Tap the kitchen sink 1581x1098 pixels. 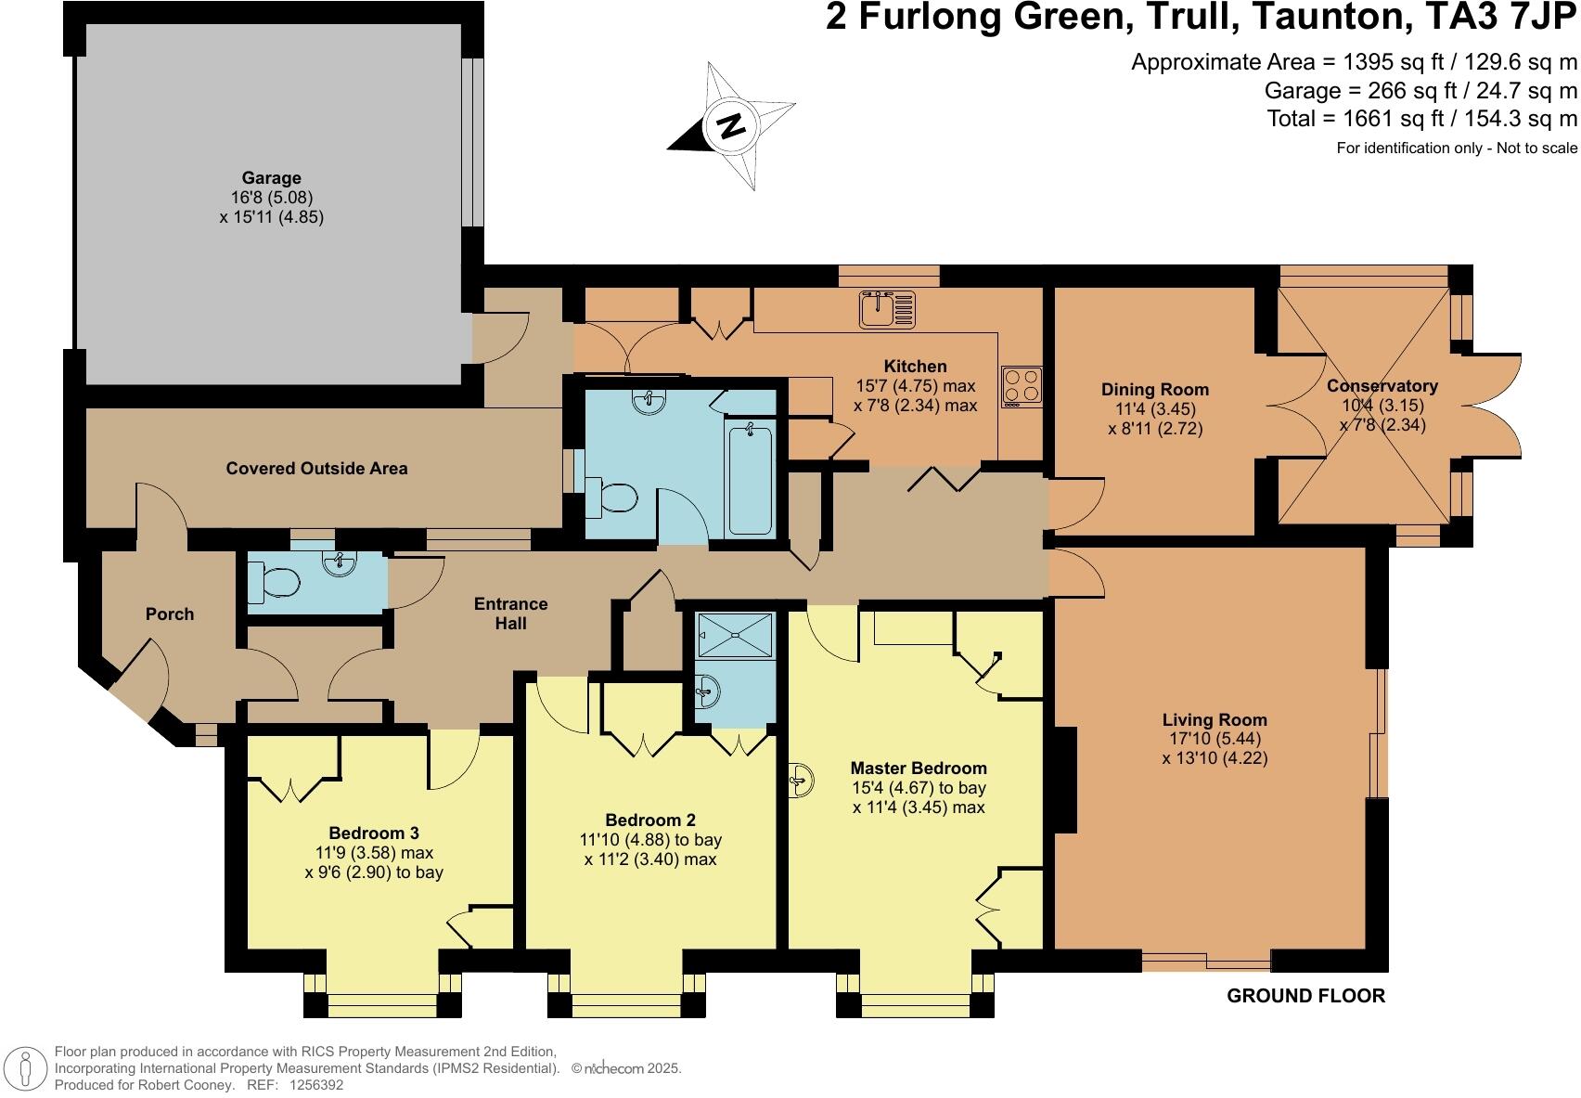(887, 309)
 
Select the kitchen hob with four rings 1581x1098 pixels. (1022, 386)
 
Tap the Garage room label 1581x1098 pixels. (271, 178)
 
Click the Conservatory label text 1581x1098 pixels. (1382, 386)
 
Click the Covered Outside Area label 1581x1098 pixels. (316, 469)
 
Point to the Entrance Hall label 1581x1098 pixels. (510, 614)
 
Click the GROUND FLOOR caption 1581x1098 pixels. (1305, 996)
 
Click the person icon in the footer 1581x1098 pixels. (27, 1068)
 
